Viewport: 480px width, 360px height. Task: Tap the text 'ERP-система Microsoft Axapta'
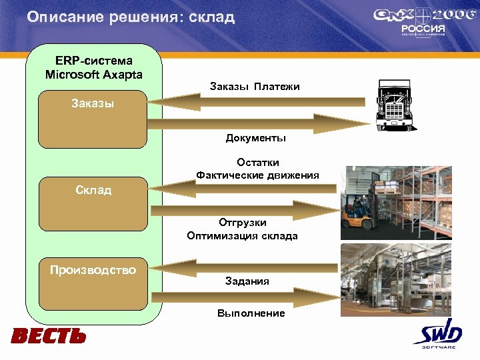[x=94, y=67]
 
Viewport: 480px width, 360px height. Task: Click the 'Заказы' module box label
[x=93, y=103]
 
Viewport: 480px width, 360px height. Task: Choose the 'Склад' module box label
[x=93, y=190]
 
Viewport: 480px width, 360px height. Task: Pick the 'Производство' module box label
[x=93, y=270]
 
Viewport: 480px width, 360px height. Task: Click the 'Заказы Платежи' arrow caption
[x=255, y=87]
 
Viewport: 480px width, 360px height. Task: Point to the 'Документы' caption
[x=256, y=138]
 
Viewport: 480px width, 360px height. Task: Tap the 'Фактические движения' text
[x=257, y=175]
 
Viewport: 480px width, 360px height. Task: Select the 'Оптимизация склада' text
[x=243, y=235]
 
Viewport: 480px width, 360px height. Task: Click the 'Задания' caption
[x=247, y=281]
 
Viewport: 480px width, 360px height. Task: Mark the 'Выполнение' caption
[x=251, y=313]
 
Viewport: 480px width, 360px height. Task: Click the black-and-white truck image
[x=395, y=105]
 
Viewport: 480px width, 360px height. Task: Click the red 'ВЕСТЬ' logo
[x=48, y=336]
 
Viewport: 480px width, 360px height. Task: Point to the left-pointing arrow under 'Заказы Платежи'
[x=257, y=101]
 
